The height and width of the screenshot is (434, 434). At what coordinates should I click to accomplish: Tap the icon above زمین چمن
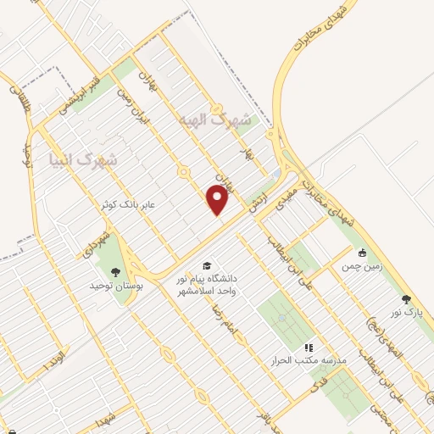click(x=362, y=252)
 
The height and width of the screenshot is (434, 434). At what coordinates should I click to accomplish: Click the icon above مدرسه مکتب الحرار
click(x=309, y=347)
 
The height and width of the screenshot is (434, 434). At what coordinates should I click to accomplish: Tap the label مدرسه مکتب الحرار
click(x=315, y=360)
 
